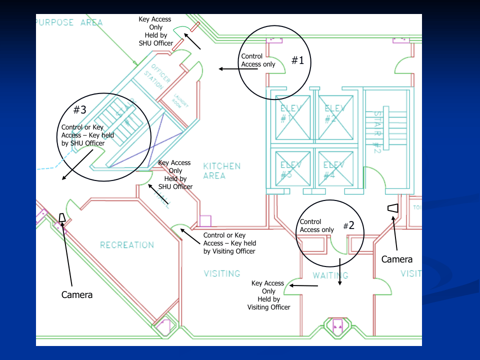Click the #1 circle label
click(298, 61)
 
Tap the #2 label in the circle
click(348, 225)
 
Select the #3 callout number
click(80, 109)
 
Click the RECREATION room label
click(127, 245)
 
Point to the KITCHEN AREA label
click(221, 170)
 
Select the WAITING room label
click(330, 275)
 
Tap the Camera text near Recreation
click(77, 295)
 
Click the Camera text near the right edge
click(397, 259)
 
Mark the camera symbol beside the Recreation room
click(62, 217)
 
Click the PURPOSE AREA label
click(69, 22)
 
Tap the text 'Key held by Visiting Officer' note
click(229, 243)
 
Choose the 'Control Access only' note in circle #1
click(258, 60)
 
